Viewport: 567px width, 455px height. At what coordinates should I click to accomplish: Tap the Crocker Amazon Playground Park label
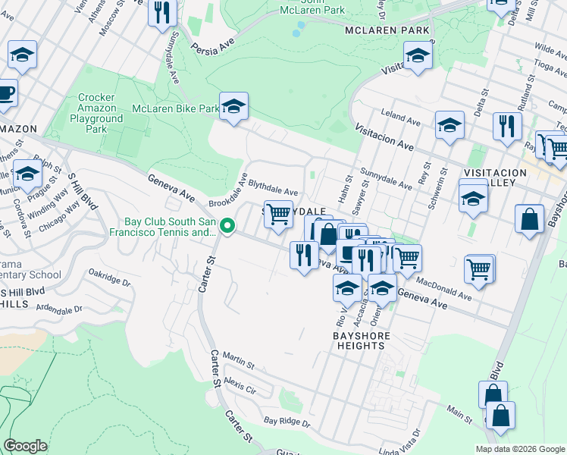point(96,114)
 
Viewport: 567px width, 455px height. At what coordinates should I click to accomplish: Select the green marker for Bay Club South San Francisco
point(226,226)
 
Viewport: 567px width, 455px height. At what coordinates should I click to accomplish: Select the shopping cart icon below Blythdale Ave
point(278,215)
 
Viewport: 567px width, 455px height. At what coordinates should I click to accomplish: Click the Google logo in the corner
point(26,446)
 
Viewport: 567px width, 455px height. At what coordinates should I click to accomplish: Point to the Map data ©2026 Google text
point(519,449)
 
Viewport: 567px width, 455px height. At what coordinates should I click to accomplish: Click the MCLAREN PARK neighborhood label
point(387,30)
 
